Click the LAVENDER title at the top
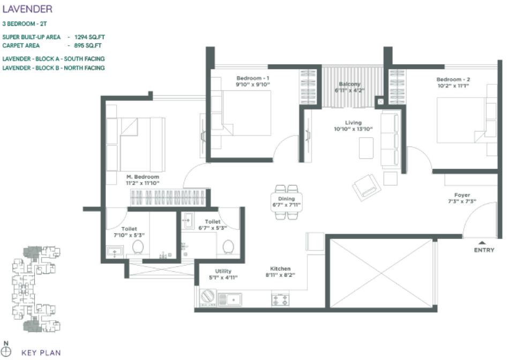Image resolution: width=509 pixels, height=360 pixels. pos(27,9)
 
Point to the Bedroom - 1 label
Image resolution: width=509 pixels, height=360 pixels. pos(252,78)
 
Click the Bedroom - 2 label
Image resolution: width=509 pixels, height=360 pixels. pos(453,79)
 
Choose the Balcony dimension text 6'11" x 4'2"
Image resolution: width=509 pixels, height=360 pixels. pos(349,91)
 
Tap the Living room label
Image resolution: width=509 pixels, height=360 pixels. pos(353,123)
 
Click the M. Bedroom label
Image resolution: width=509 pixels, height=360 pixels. pos(143,177)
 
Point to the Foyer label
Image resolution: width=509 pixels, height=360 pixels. pos(461,195)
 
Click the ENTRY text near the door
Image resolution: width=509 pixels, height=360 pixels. pos(484,251)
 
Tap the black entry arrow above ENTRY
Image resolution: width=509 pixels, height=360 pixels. pos(482,242)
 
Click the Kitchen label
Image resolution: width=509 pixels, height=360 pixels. pos(280,269)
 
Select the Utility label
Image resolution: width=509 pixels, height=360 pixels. pos(223,271)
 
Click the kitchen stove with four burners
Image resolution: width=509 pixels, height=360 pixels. pos(280,298)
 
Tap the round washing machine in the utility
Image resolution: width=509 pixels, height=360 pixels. pos(207,297)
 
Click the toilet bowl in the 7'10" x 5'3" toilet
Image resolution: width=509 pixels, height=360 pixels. pos(138,247)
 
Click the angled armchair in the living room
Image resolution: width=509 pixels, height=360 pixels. pos(366,187)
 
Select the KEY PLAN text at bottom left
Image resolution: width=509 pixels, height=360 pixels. pos(41,352)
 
